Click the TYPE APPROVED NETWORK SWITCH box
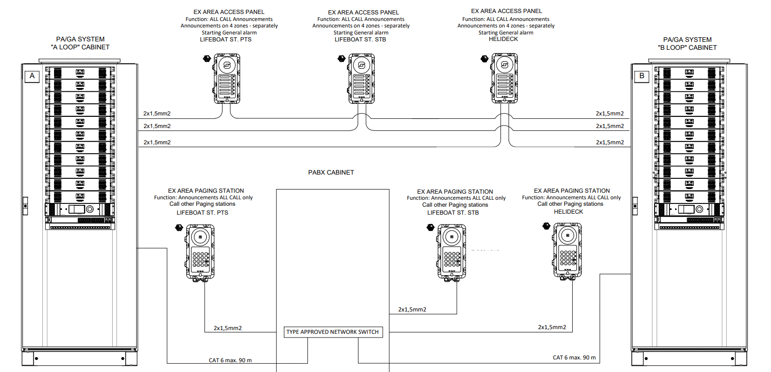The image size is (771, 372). tap(333, 332)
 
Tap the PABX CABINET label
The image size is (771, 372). tap(331, 172)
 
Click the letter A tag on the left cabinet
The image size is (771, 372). tap(32, 76)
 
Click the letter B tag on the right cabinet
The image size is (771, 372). tap(642, 76)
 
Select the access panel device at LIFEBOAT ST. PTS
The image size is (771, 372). tap(227, 78)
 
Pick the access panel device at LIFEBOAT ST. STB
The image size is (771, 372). tap(362, 78)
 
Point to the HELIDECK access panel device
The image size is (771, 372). tap(505, 78)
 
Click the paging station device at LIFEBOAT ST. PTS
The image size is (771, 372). tap(201, 252)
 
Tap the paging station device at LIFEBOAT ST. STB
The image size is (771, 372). tap(452, 252)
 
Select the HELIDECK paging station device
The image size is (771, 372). tap(568, 250)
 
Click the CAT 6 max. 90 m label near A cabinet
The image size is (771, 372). tap(230, 360)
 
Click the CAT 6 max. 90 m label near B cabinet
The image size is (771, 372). tap(574, 358)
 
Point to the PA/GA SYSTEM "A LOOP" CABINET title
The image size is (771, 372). tap(80, 43)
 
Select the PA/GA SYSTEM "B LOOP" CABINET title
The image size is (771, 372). tap(687, 44)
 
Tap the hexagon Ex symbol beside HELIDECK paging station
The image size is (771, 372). tap(546, 226)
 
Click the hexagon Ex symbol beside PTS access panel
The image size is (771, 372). tap(207, 59)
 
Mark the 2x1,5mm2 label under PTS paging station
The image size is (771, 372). tap(228, 328)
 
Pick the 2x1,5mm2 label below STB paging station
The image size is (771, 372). tap(412, 310)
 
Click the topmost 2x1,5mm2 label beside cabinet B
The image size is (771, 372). tap(609, 114)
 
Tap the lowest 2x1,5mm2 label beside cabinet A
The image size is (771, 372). tap(157, 142)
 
